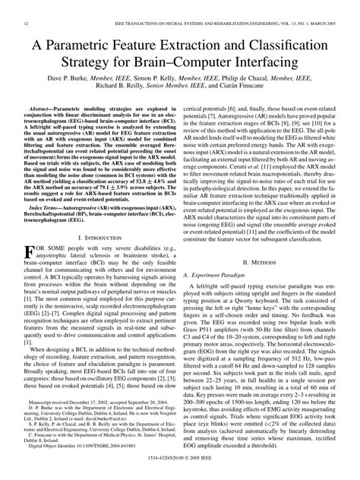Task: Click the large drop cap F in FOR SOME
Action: pyautogui.click(x=30, y=254)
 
